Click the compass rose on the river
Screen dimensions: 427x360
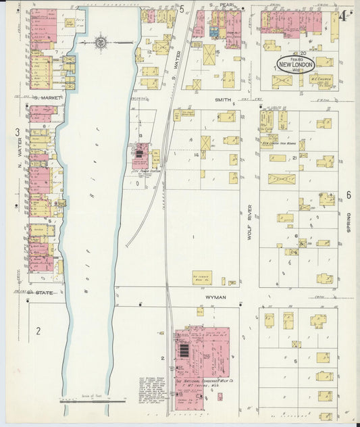tap(100, 43)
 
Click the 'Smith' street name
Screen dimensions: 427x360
tap(223, 99)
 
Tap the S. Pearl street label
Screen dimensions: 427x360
tap(220, 6)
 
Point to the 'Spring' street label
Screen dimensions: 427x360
tap(349, 223)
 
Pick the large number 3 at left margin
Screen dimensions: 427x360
tap(18, 132)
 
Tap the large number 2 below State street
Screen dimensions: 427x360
tap(39, 330)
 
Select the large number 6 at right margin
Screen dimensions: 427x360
tap(349, 195)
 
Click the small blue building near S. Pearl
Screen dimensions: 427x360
tap(213, 30)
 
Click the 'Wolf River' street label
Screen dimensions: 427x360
tap(249, 222)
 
